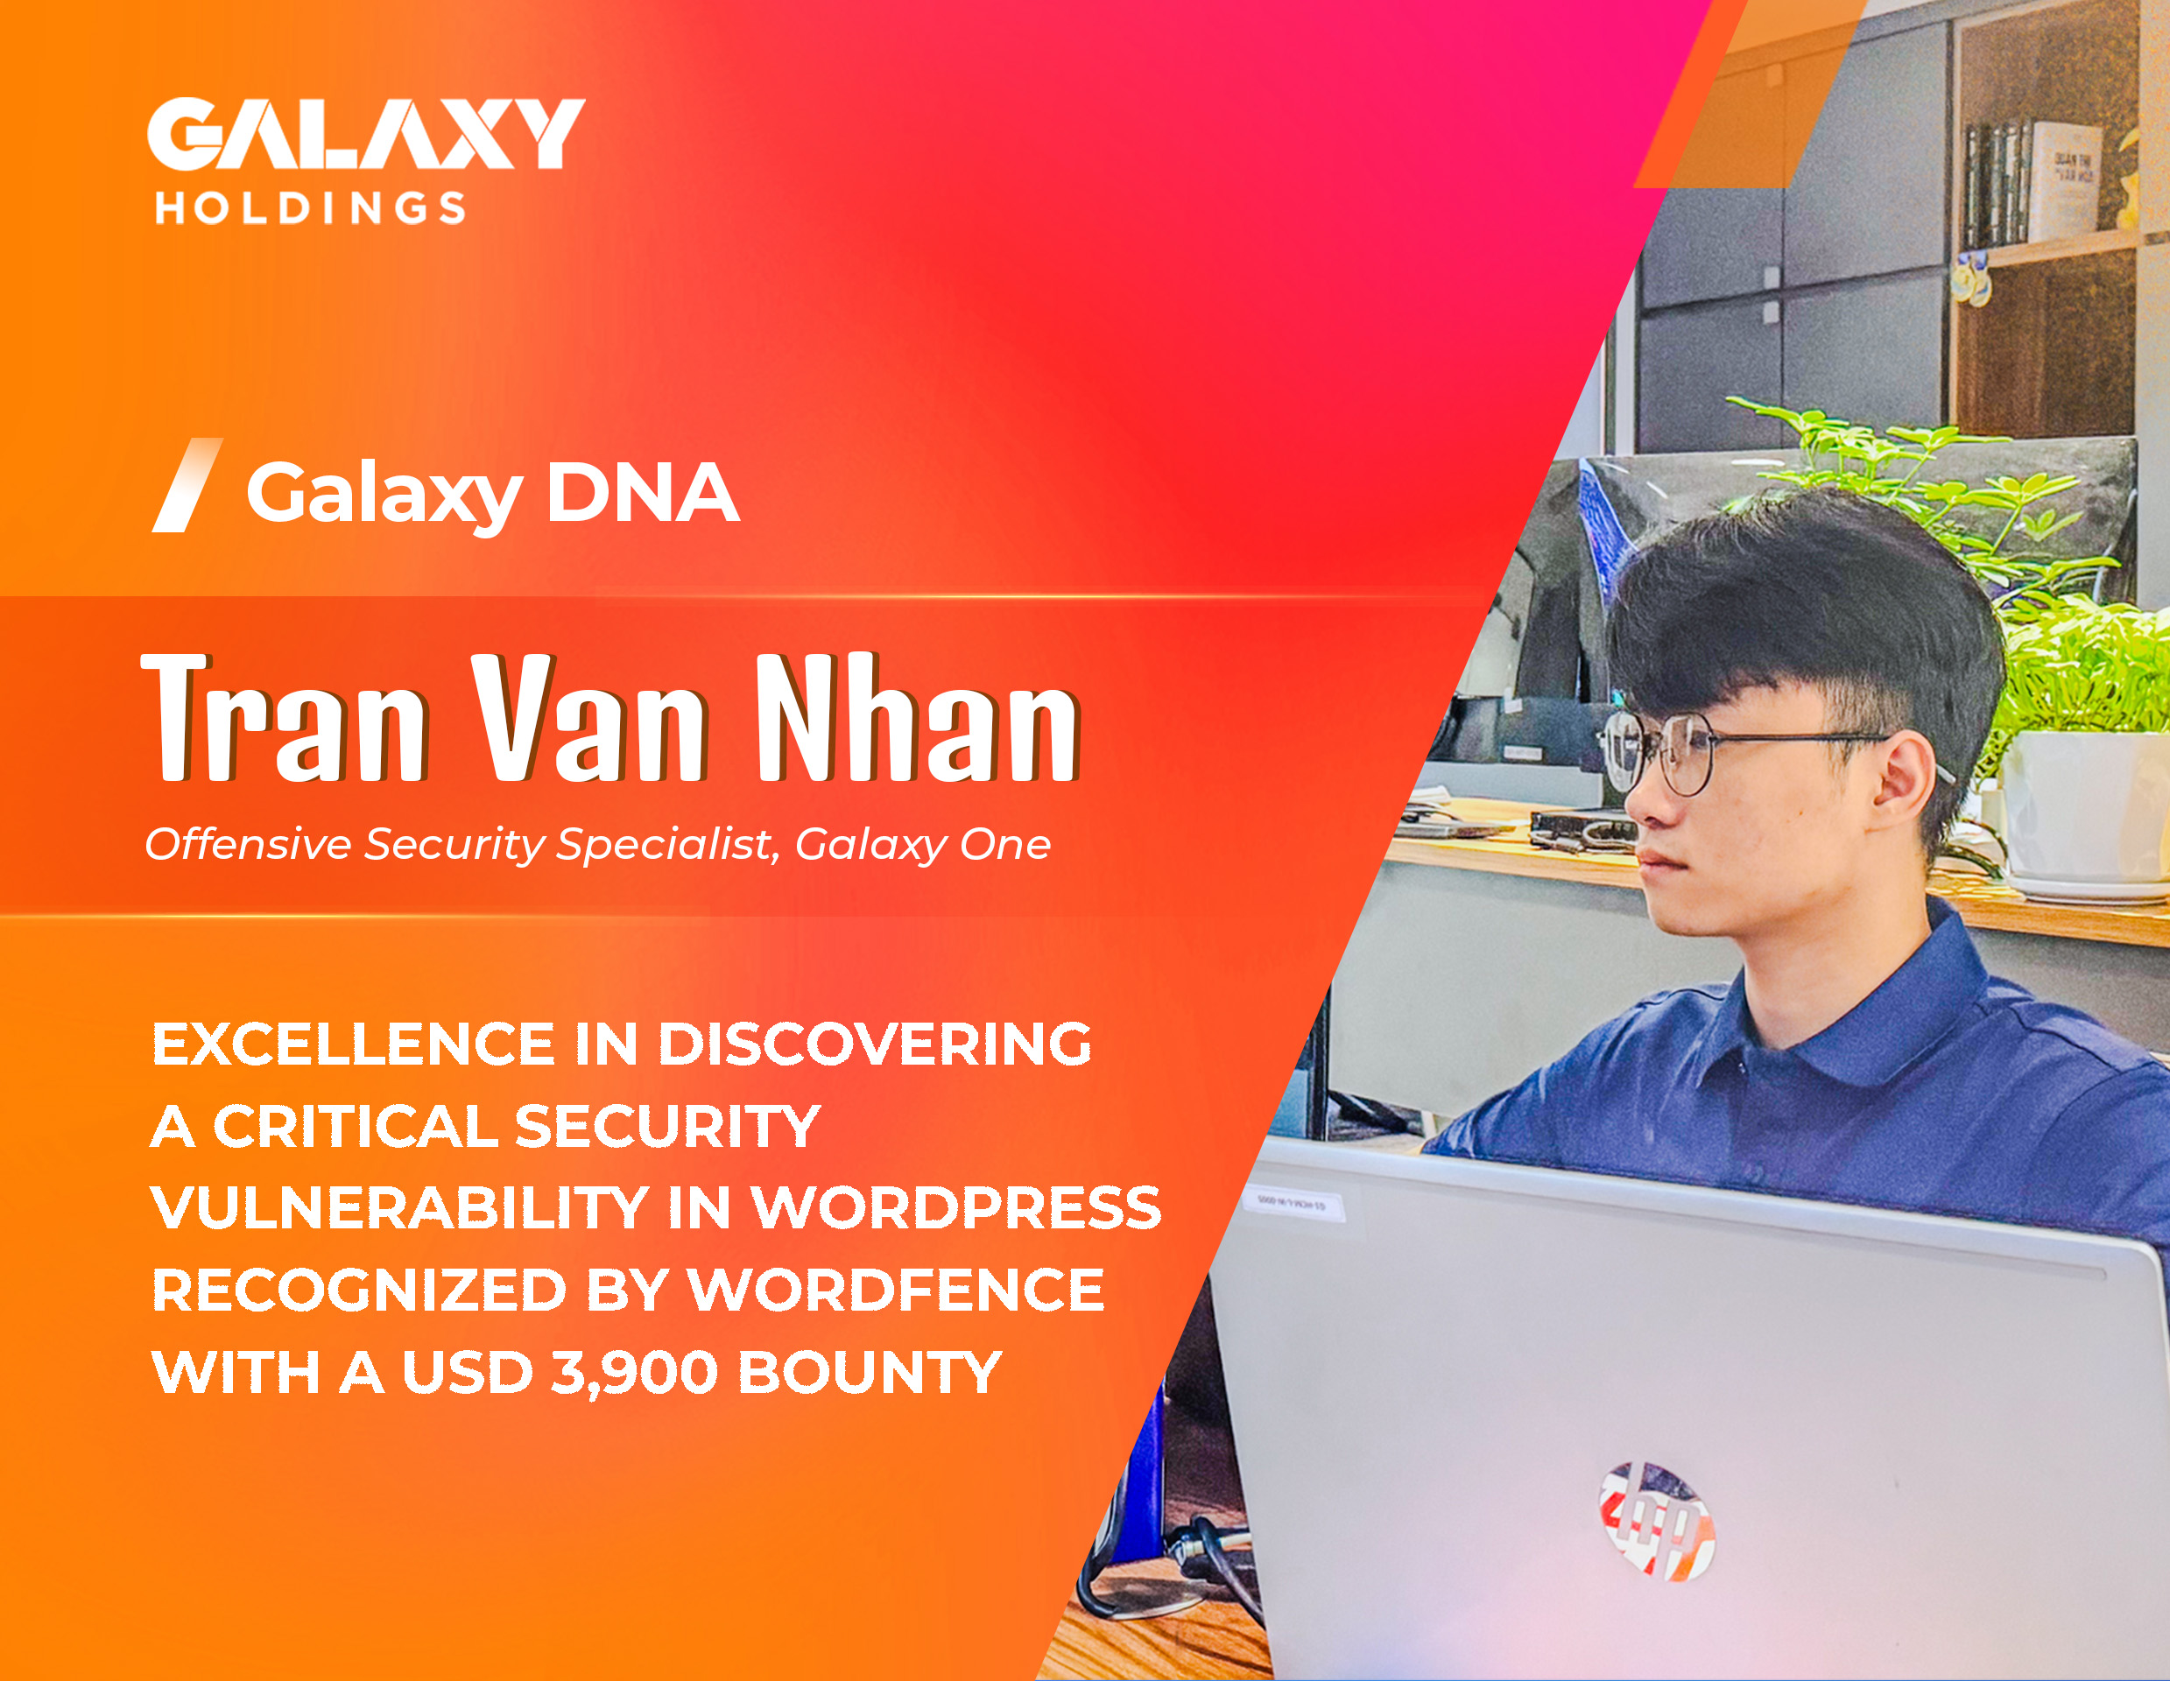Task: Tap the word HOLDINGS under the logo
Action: point(310,207)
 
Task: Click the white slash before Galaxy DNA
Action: point(187,485)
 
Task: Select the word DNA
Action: point(643,492)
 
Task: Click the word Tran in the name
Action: point(285,716)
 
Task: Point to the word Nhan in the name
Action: point(917,716)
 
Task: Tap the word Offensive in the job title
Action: point(248,845)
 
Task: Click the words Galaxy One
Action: point(922,846)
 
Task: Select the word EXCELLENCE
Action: point(353,1044)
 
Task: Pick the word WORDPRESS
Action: point(956,1208)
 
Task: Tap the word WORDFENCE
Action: point(896,1291)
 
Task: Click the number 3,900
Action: point(634,1374)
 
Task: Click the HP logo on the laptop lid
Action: point(1656,1520)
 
